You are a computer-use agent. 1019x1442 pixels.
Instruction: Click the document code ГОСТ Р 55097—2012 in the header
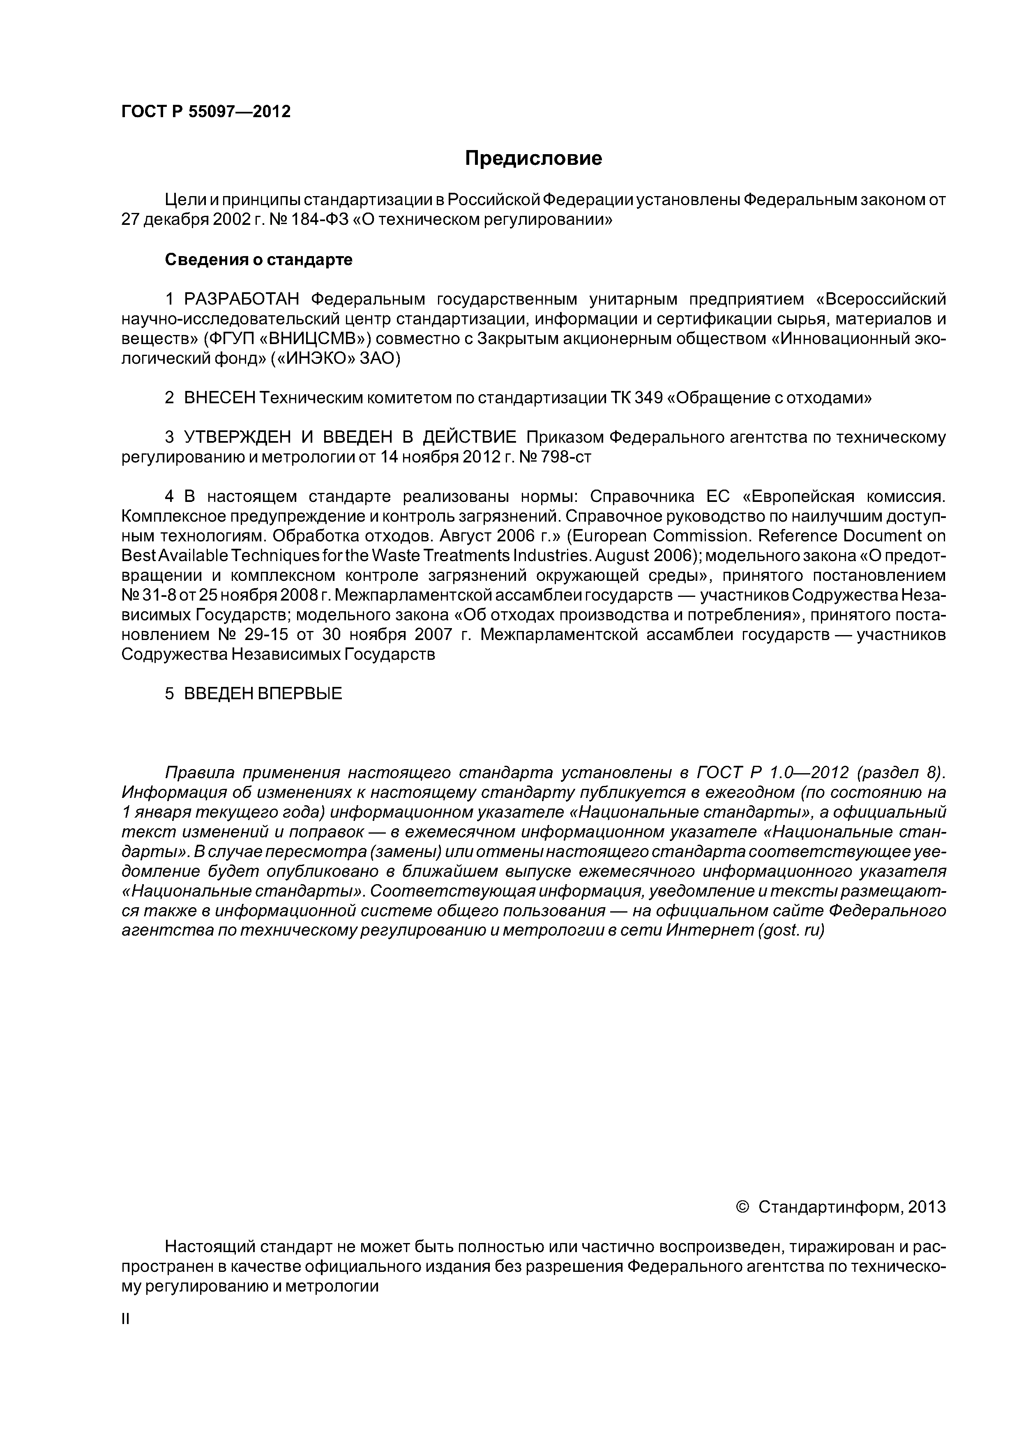pyautogui.click(x=206, y=112)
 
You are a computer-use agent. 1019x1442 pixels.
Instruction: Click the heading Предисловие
pyautogui.click(x=533, y=158)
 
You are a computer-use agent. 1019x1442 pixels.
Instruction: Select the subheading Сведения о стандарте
pyautogui.click(x=259, y=260)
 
